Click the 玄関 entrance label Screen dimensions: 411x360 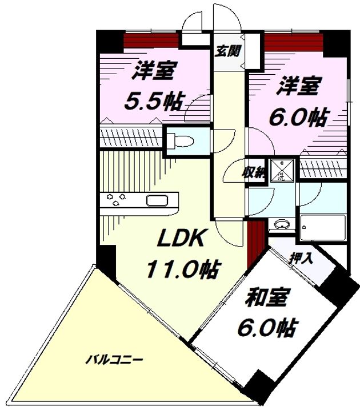227,51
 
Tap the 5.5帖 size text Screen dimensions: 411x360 154,101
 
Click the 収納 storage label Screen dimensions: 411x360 254,172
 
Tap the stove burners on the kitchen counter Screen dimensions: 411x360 117,200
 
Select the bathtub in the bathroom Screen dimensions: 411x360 323,229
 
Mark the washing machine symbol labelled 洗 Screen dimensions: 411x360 281,170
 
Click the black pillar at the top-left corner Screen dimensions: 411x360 108,40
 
